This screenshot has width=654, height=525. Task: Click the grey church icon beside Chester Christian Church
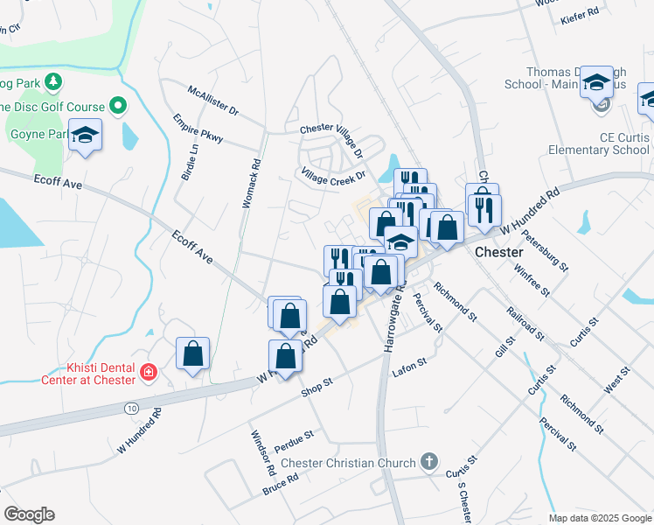point(428,461)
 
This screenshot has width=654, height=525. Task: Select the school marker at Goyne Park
point(86,135)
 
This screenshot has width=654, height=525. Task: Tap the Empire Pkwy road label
point(198,128)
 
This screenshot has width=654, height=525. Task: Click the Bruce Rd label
point(281,483)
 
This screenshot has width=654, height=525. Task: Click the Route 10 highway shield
point(131,408)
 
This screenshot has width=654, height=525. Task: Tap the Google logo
point(29,514)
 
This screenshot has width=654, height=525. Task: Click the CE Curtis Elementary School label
point(599,143)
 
